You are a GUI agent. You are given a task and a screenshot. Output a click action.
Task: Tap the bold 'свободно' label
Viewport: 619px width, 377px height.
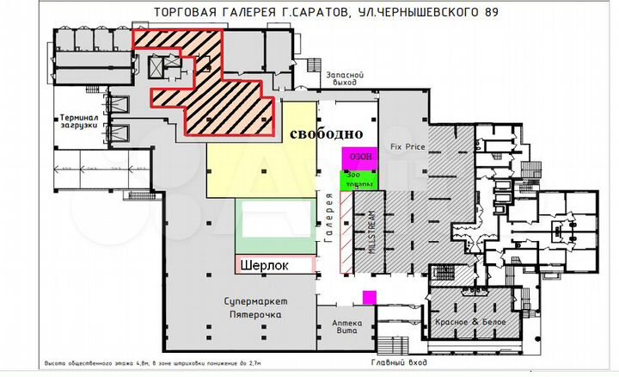pyautogui.click(x=325, y=135)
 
